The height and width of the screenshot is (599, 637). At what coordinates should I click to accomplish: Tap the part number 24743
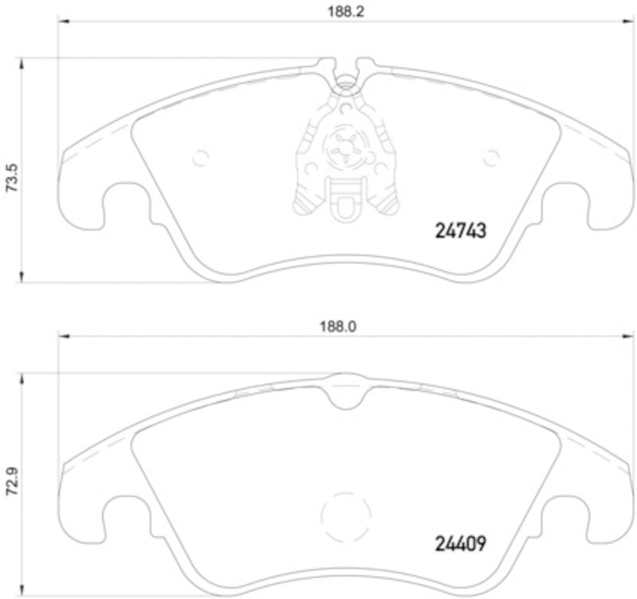tap(459, 230)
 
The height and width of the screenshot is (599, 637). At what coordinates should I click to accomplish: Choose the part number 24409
tap(459, 544)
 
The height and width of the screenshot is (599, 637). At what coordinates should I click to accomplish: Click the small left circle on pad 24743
tap(200, 157)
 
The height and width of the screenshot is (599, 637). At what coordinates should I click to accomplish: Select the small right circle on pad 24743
tap(490, 157)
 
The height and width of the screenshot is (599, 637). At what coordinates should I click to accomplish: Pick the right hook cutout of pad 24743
tap(570, 202)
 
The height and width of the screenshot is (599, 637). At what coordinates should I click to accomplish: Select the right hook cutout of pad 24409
tap(570, 515)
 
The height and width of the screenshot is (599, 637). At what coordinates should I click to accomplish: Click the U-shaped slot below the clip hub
tap(345, 205)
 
